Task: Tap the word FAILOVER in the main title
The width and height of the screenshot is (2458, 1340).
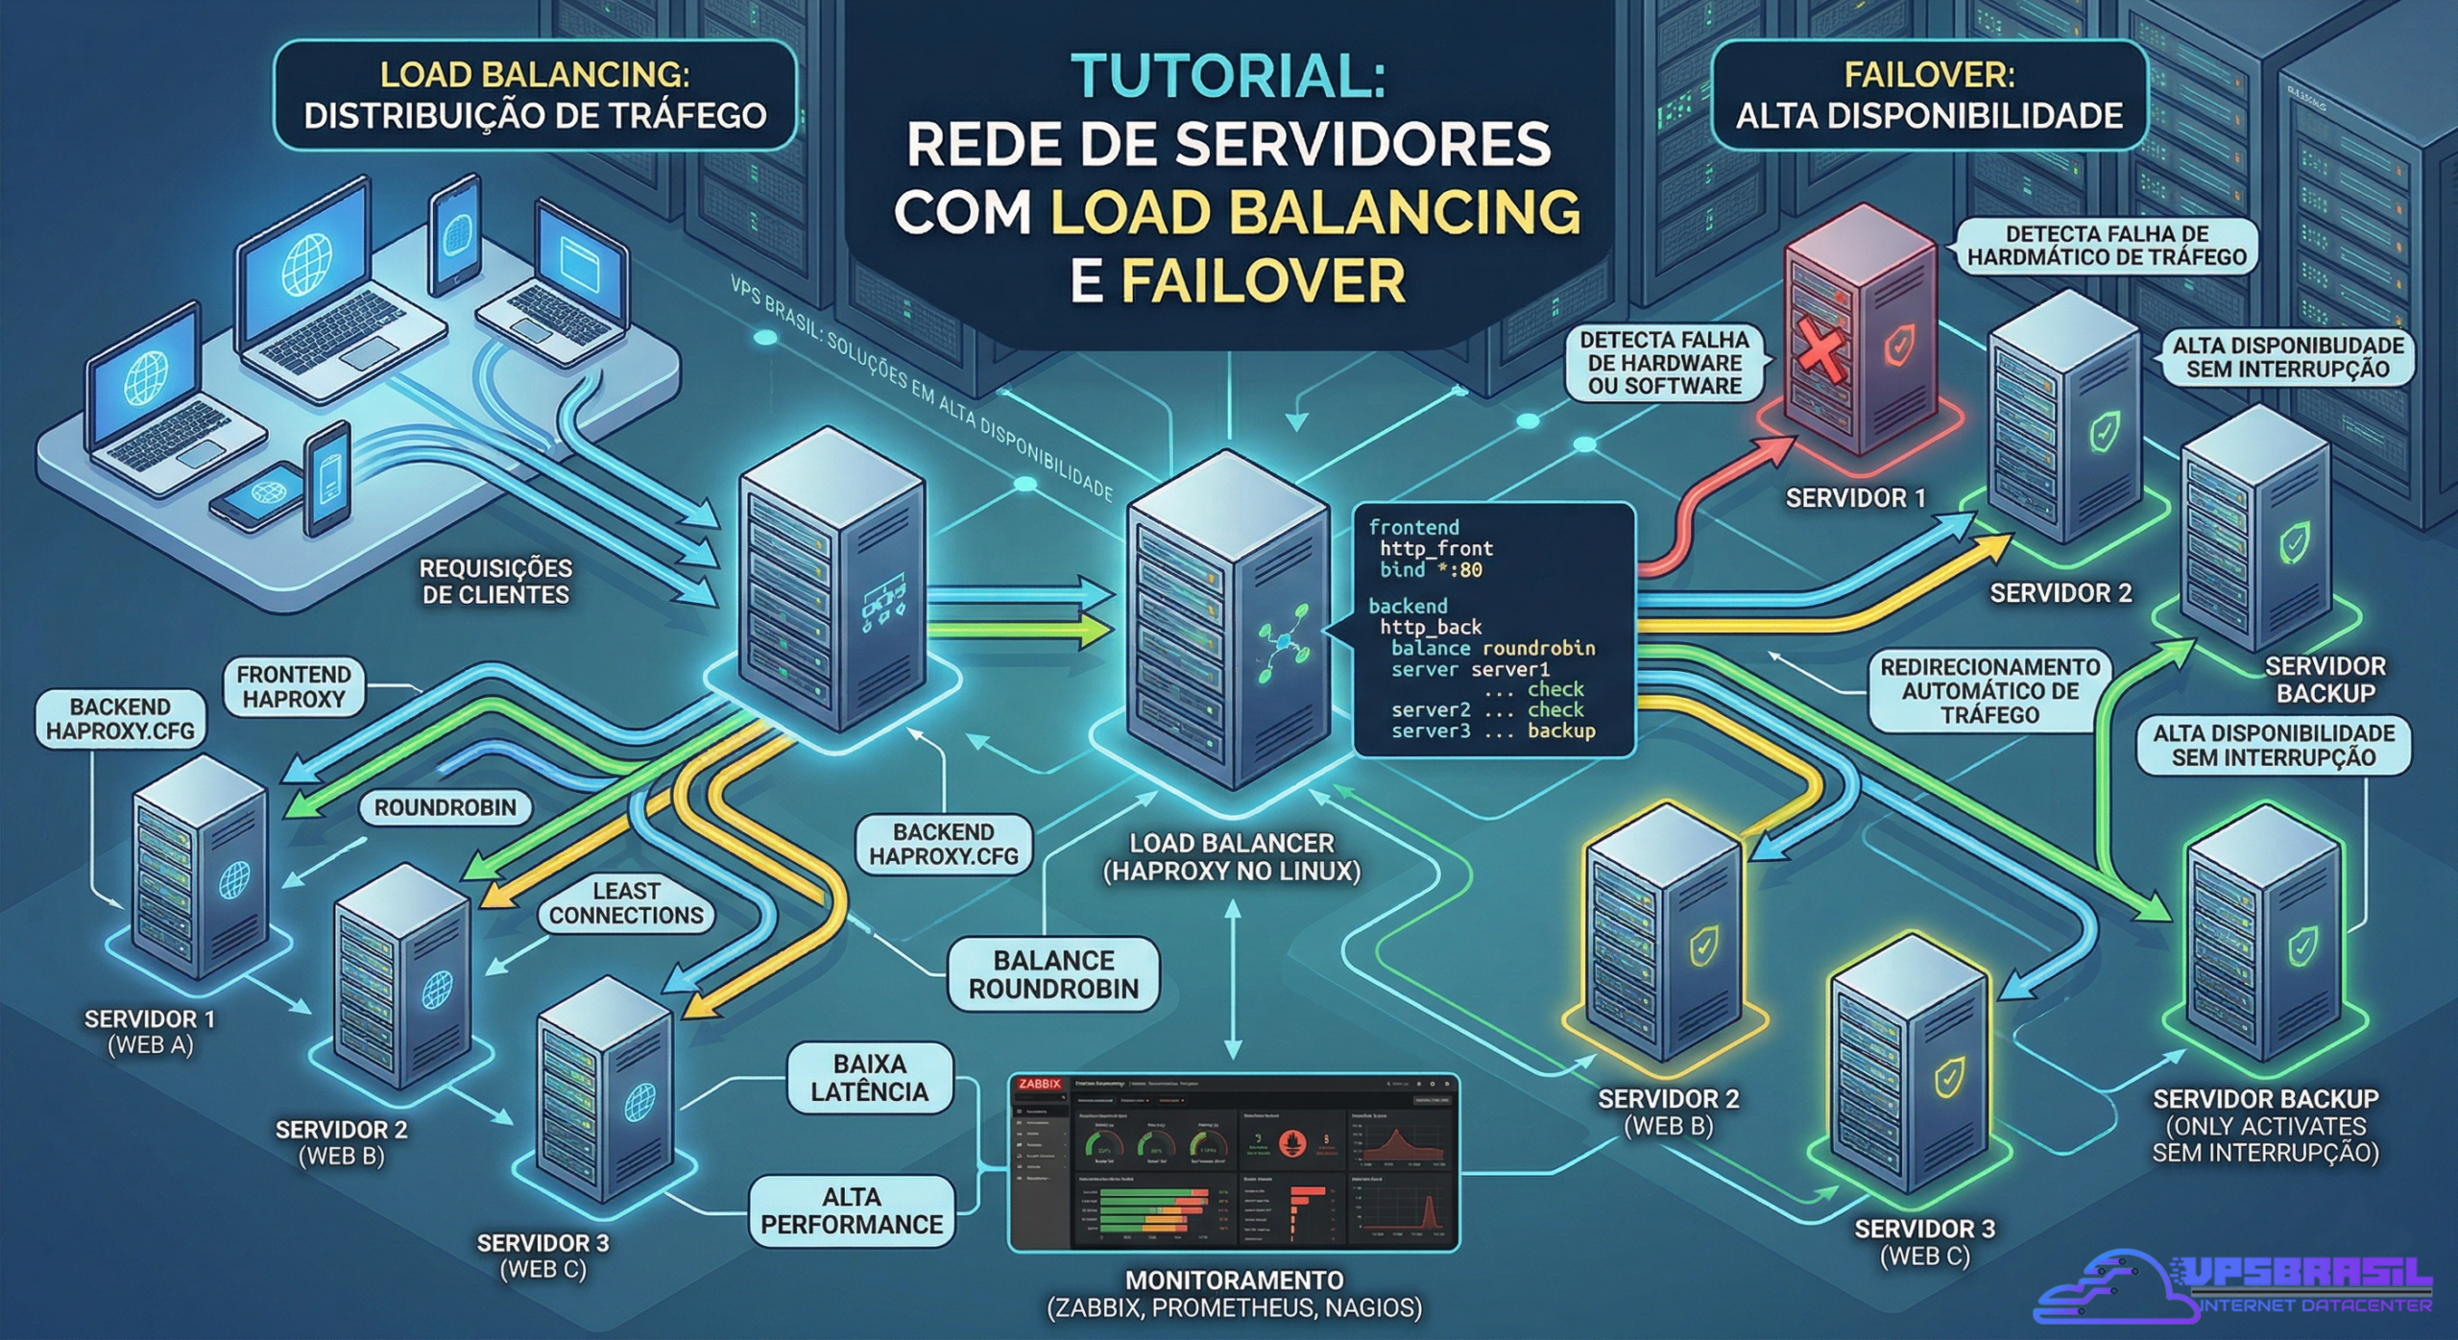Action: (1263, 281)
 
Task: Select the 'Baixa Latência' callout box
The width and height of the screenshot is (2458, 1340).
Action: (870, 1078)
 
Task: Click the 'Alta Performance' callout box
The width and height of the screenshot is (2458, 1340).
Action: (852, 1210)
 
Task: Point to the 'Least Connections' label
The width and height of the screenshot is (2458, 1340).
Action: (626, 903)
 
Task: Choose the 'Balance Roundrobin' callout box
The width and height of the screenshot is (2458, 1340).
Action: (1053, 974)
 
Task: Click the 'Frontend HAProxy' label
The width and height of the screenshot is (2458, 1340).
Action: (294, 686)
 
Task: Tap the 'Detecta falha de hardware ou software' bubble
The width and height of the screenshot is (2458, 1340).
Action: (1664, 363)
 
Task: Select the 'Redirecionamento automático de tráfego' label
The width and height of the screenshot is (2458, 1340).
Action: (1989, 691)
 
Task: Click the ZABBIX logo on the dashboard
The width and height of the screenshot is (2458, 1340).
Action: (1040, 1084)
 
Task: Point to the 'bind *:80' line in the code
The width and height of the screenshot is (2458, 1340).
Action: (1431, 570)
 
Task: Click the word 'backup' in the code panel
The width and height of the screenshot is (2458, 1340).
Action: (1561, 730)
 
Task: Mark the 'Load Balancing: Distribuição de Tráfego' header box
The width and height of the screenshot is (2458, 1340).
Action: (535, 95)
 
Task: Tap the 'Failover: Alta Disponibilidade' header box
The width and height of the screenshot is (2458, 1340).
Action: (1929, 95)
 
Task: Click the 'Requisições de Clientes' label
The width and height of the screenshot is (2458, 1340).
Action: (495, 582)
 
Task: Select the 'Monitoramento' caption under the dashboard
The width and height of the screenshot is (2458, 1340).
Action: (1234, 1293)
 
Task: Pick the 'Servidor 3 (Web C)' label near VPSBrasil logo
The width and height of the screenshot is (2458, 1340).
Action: (1924, 1242)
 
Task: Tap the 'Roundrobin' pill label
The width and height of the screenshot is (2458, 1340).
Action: (445, 807)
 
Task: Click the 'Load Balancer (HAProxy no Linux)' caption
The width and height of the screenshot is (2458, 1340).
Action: (1232, 857)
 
